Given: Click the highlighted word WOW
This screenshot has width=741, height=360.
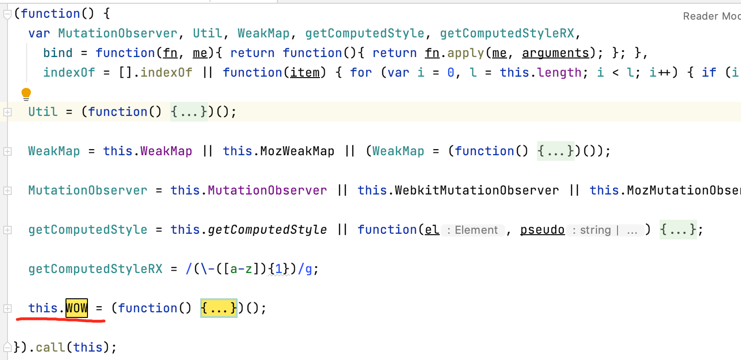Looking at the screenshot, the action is click(x=77, y=308).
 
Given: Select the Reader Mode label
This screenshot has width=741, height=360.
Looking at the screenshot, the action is click(x=711, y=16).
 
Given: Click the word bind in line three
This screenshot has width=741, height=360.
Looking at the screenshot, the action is click(x=58, y=53).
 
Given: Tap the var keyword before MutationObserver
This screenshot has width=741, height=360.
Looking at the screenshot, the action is click(x=39, y=33).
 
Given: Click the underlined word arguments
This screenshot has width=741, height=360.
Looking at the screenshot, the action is click(x=555, y=53).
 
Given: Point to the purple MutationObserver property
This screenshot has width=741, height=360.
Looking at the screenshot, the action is click(x=267, y=190).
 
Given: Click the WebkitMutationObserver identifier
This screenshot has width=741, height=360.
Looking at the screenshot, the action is click(x=477, y=190).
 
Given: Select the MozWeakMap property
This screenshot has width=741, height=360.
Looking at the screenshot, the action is click(x=297, y=151).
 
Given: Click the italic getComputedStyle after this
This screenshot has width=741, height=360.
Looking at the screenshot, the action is click(x=267, y=230).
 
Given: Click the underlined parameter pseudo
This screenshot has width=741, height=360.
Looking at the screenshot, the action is click(x=542, y=230).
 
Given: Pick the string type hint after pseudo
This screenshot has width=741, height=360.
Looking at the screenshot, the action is click(x=595, y=230).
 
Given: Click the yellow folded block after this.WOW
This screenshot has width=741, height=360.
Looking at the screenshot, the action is click(x=218, y=308).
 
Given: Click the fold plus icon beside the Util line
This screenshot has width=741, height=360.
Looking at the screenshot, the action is click(x=7, y=112).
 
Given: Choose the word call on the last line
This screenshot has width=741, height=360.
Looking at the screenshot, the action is click(x=51, y=347).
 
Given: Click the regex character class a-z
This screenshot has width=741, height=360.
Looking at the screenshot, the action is click(x=241, y=269).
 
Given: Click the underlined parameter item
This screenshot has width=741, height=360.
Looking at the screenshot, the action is click(x=305, y=72).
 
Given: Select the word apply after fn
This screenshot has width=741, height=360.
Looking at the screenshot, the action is click(x=465, y=53).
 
